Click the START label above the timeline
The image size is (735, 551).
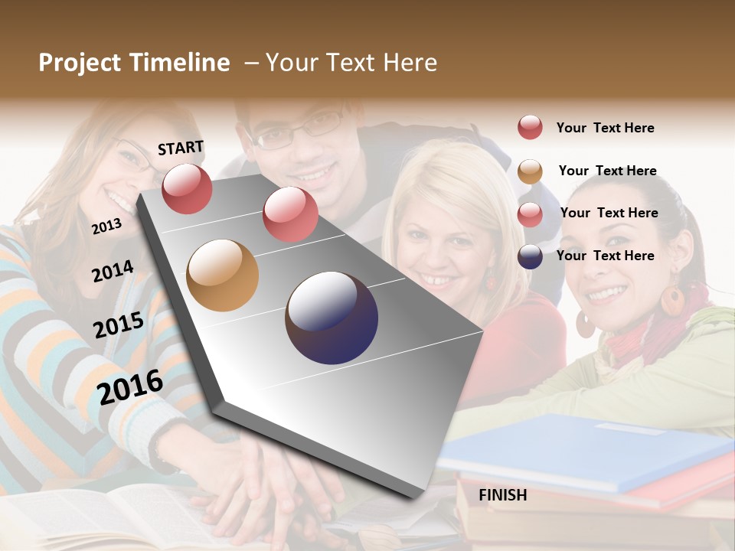[181, 148]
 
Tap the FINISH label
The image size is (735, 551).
[503, 495]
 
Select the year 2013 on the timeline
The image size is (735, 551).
[106, 226]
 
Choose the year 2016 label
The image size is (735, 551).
[130, 386]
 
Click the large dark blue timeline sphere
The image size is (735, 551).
[332, 318]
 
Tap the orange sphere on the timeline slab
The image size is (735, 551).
[222, 275]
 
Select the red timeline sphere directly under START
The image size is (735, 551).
[187, 188]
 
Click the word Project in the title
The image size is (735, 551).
[78, 63]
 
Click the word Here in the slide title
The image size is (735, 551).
[410, 63]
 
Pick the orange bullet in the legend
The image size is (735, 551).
[530, 171]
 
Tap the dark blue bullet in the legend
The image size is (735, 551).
[530, 256]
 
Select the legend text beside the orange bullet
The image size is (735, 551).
[607, 171]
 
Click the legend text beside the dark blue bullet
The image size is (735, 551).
[605, 256]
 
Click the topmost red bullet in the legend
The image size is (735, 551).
[530, 127]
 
